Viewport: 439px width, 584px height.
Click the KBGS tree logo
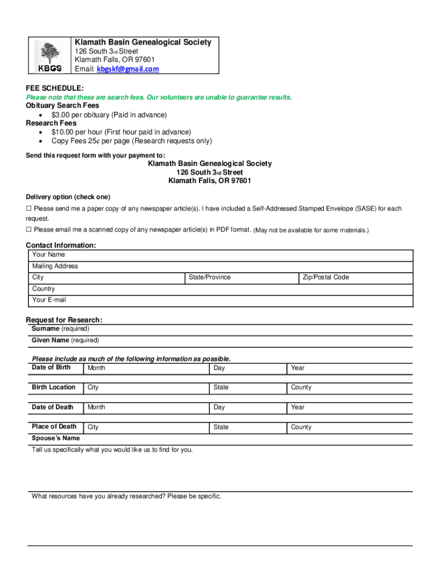pos(50,56)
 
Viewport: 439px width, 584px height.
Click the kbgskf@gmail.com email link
pos(128,69)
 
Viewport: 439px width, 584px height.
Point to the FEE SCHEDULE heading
pos(55,88)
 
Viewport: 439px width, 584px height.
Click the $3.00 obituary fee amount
pos(61,115)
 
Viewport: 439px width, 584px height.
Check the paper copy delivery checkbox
pos(29,209)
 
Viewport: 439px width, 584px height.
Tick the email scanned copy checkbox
pos(29,230)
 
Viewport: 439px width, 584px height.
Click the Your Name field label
pos(48,254)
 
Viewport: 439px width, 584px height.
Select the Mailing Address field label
pos(55,266)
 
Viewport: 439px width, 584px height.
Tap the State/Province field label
pos(209,277)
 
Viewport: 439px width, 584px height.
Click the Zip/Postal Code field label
pos(325,277)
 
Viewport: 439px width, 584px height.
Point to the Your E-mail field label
pos(49,300)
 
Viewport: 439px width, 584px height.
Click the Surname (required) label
pos(60,329)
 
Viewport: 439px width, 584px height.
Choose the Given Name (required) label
pos(65,340)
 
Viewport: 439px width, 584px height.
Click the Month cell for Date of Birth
pos(96,368)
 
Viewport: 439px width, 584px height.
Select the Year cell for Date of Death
pos(298,408)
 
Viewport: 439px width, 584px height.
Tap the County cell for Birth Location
pos(301,388)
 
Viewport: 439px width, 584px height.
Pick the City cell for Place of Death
pos(93,427)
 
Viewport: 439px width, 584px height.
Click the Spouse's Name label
pos(56,439)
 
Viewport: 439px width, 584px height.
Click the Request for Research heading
pos(64,320)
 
